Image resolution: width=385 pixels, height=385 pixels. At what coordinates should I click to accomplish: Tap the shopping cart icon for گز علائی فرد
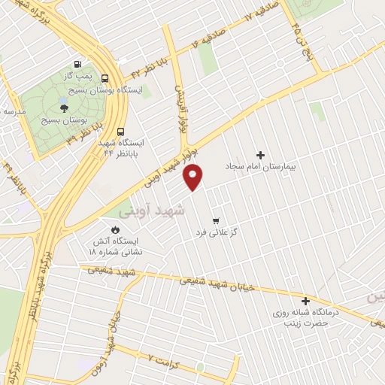[217, 221]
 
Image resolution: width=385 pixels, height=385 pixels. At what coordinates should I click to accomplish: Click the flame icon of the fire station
[115, 230]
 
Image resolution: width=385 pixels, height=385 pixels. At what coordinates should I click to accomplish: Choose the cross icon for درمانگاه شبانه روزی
[305, 300]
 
